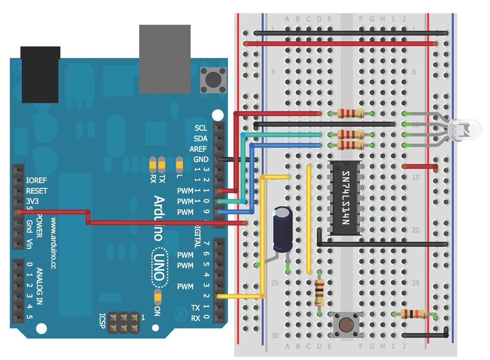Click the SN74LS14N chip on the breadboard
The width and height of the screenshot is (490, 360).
345,198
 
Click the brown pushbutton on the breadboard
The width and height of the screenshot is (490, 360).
346,324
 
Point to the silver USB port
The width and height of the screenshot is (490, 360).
164,59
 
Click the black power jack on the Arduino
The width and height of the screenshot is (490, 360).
40,74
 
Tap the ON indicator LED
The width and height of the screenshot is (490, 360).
157,296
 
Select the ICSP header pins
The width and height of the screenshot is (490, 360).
124,322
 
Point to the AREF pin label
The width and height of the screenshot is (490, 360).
198,149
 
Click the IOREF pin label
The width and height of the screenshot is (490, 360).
37,180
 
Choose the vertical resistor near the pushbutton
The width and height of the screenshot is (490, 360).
319,292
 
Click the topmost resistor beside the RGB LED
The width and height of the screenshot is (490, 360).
350,114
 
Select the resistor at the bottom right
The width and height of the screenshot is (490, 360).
412,314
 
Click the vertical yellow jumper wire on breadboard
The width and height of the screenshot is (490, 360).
309,219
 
